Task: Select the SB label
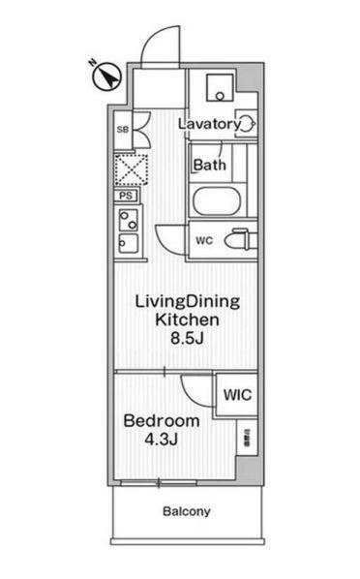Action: click(x=123, y=128)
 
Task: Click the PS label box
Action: click(x=126, y=195)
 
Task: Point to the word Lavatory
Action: click(x=208, y=124)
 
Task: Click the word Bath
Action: click(x=209, y=165)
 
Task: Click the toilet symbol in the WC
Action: click(x=238, y=239)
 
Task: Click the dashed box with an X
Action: click(x=129, y=168)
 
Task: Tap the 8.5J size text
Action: click(x=186, y=339)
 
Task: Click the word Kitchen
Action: click(x=186, y=320)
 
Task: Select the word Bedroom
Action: click(x=162, y=421)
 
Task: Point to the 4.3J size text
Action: click(x=162, y=440)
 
